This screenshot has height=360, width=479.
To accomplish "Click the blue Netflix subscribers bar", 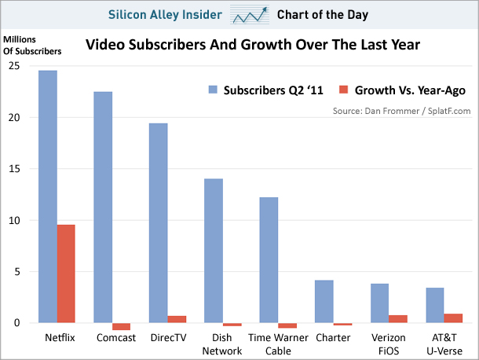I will coord(47,197).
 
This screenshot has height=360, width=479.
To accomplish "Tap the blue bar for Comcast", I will coord(102,207).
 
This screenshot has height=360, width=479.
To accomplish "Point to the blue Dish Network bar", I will coord(213,251).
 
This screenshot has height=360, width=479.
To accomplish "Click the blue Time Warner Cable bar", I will coord(269,259).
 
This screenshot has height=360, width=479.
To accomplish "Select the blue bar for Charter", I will coord(324,301).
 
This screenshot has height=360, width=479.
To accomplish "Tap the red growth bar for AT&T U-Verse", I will coord(453,318).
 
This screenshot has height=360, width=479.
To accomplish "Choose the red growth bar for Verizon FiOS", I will coord(398,318).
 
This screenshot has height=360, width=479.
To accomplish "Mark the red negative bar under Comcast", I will coord(121,326).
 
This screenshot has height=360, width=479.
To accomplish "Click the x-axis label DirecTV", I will coord(167,338).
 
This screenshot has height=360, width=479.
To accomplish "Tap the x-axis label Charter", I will coord(333,338).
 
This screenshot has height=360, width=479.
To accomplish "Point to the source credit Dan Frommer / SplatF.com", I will coord(401,111).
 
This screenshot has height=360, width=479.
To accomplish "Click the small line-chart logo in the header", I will coord(250,14).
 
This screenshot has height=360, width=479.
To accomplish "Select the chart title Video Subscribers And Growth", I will coord(252,46).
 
